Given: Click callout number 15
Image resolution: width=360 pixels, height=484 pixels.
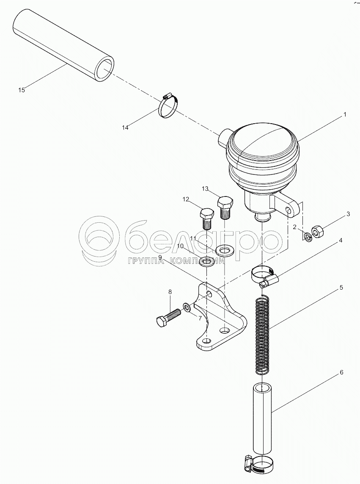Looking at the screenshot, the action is point(21,90).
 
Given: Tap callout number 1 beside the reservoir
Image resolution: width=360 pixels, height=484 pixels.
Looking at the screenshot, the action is point(345,114).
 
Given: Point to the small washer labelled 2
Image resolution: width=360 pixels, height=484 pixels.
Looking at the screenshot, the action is point(307,237).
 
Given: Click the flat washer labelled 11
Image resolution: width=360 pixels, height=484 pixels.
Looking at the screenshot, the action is point(225,250).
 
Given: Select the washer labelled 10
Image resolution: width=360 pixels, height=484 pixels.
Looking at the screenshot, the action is point(207,262).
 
